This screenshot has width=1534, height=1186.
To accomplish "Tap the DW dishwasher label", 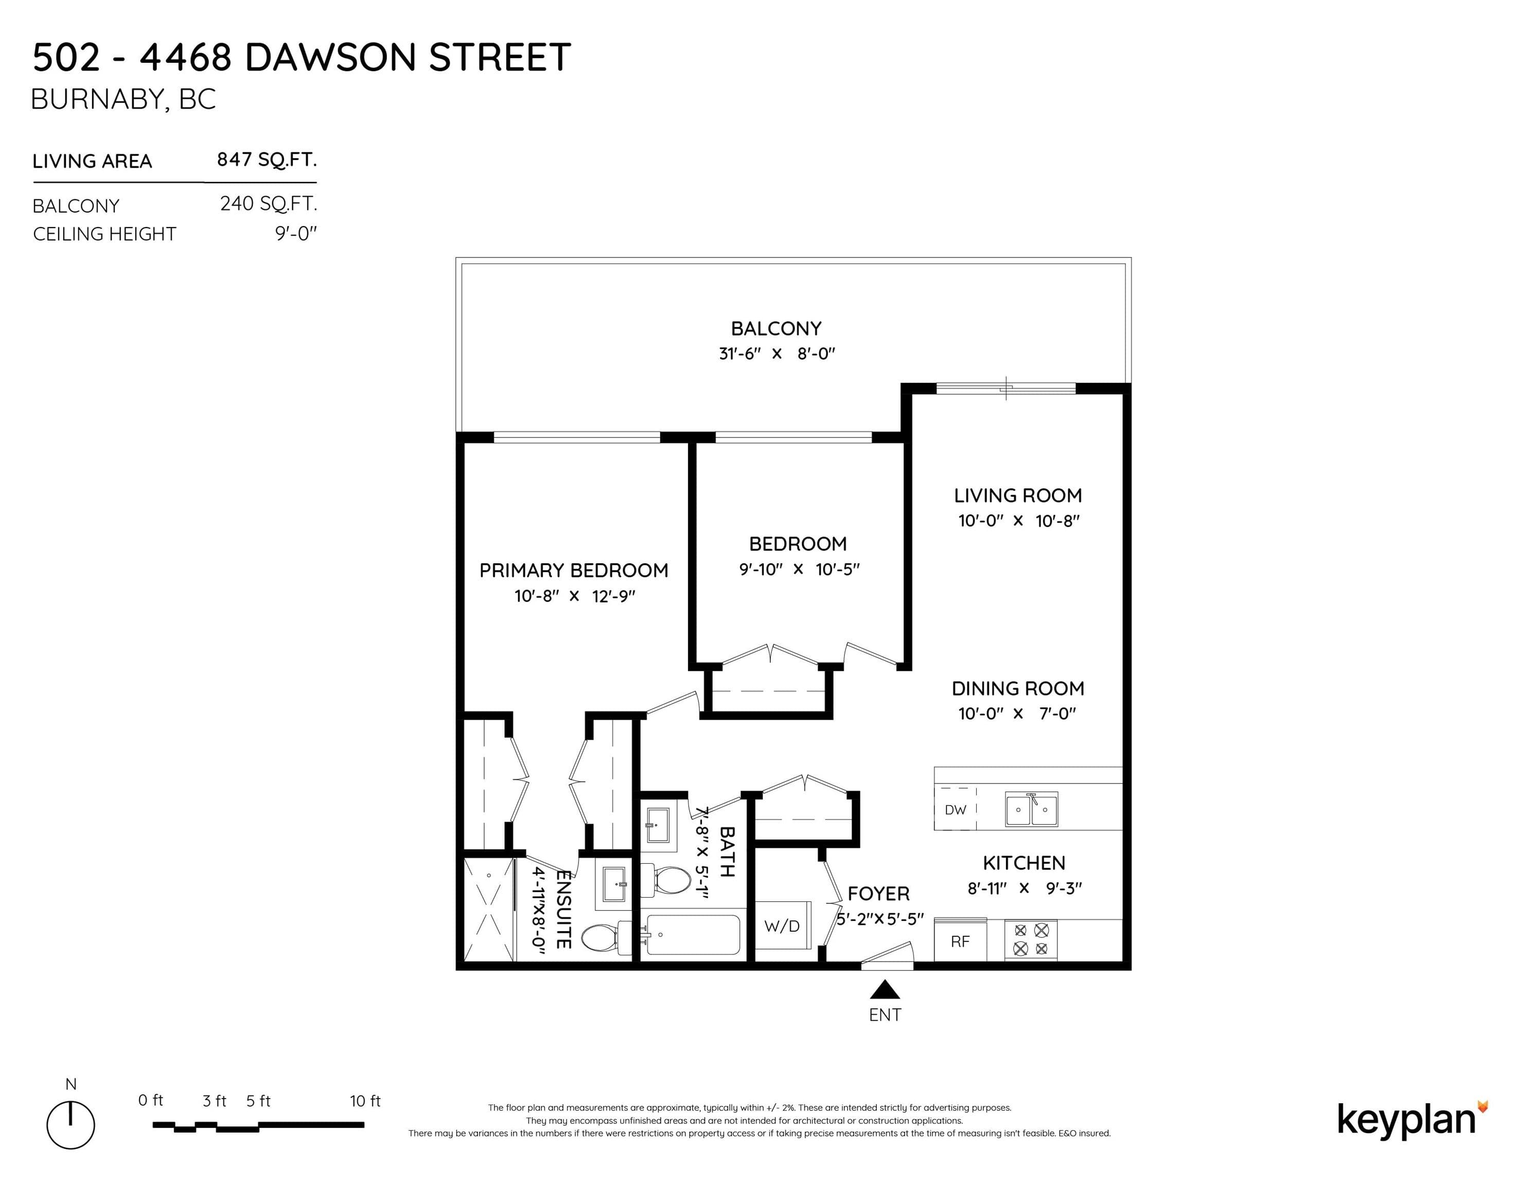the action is pos(955,810).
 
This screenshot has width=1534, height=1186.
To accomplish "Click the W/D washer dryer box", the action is pos(783,926).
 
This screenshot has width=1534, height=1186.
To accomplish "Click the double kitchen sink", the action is pos(1031,809).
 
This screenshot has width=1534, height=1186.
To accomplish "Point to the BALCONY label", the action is pos(776,329).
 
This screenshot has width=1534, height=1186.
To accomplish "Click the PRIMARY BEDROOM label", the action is pos(574,570).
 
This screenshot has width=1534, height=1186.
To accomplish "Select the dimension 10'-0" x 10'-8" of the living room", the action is pos(1018,520).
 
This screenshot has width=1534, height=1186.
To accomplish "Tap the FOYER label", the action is pos(879,894).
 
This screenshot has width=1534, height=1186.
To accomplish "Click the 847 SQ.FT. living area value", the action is pos(267,160).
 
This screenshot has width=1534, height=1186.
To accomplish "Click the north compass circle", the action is pos(71,1126).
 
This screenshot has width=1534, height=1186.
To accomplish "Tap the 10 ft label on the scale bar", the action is pos(365,1101).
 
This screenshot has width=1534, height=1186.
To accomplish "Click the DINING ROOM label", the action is pos(1018,689).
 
